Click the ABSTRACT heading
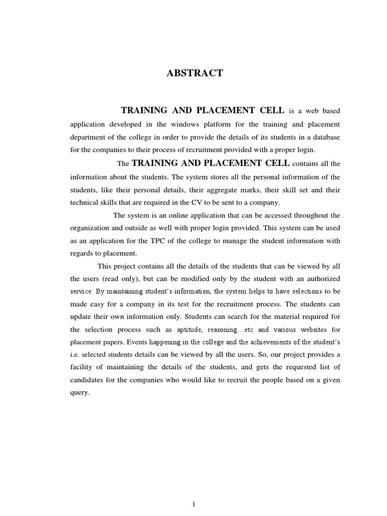pos(195,74)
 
